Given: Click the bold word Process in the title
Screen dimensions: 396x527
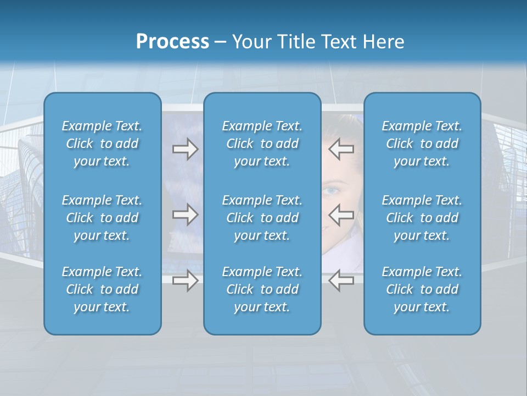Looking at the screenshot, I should coord(172,42).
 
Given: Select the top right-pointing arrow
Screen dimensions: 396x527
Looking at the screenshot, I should coord(185,149).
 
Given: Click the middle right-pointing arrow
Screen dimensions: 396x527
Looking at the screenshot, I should coord(185,215).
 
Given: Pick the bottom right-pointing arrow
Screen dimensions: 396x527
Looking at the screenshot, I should coord(185,280).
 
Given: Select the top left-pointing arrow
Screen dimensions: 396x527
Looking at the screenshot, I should coord(341,149).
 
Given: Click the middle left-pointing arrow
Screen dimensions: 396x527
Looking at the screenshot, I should coord(341,215).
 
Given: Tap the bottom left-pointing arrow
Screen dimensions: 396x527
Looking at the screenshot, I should coord(341,280).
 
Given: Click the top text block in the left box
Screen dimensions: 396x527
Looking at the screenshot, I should coord(102,144).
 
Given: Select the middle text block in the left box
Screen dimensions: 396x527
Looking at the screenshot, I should coord(102,218).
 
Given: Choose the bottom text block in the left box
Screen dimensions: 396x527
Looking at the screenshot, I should coord(102,289).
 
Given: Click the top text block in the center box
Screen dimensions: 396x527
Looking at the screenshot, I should coord(262,144).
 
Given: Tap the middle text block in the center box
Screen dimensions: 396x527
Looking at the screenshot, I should coord(262,218).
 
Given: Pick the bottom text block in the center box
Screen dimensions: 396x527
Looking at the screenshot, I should coord(262,289).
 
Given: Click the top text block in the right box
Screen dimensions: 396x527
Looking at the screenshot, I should coord(422,144).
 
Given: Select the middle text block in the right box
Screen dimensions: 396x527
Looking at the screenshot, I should coord(422,218).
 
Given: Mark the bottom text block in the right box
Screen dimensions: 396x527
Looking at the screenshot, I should coord(422,289).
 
